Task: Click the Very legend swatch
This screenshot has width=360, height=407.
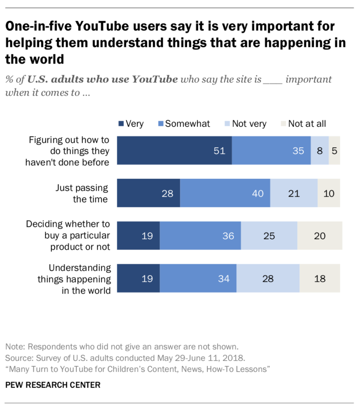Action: coord(121,124)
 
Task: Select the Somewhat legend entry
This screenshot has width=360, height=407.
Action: coord(184,124)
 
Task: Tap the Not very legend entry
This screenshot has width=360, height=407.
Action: coord(245,124)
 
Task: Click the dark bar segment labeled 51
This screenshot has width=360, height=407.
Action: coord(174,151)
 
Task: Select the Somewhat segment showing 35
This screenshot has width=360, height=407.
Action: coord(271,151)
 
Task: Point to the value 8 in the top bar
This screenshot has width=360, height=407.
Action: coord(320,151)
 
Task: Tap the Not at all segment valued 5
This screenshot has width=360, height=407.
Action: coord(335,151)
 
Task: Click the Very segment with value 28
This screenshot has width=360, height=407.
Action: coord(148,193)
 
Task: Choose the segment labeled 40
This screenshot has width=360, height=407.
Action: coord(225,193)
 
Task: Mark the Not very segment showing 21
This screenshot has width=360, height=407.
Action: coord(294,193)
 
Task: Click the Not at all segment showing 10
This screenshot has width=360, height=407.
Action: coord(329,193)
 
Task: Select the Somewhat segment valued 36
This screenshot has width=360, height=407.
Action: coord(200,236)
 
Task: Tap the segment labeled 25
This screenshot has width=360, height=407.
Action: coord(269,236)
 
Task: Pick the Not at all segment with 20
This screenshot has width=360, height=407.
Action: coord(320,236)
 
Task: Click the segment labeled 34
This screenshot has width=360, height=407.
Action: coord(198,278)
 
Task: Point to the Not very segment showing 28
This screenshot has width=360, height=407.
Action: coord(268,278)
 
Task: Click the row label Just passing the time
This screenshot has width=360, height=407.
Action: coord(82,193)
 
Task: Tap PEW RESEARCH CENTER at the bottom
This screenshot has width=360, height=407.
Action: coord(53,385)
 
